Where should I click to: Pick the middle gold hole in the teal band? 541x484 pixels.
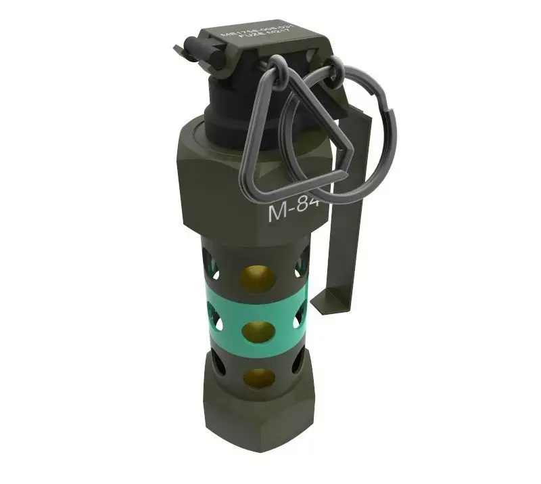tap(258, 331)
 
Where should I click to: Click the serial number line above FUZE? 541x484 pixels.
tap(254, 35)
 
